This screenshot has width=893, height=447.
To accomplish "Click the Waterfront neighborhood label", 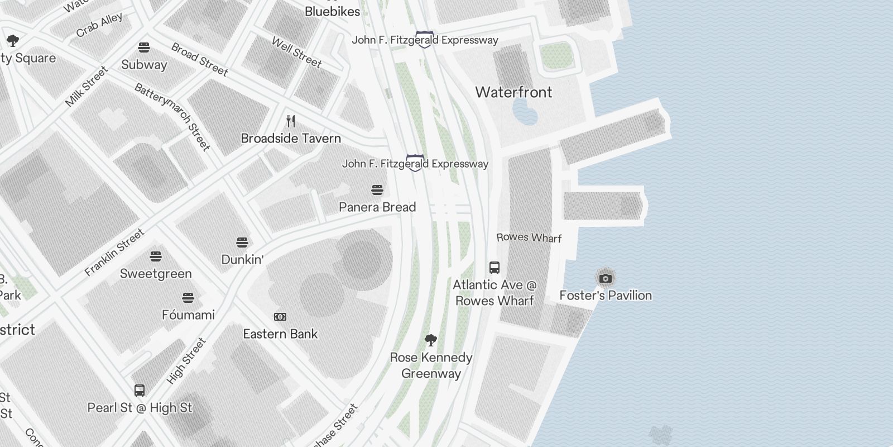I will click(513, 92).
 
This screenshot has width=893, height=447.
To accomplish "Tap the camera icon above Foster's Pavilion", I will click(606, 278).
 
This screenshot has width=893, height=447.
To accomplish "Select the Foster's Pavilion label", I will click(606, 295).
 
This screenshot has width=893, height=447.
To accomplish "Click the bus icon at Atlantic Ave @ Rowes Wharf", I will click(494, 267).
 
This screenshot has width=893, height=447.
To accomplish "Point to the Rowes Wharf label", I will click(529, 237).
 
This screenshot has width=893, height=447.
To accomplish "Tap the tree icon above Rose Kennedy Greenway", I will click(430, 340).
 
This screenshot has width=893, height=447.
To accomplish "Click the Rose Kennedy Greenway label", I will click(431, 365).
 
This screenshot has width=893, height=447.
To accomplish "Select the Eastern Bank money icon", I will click(280, 317).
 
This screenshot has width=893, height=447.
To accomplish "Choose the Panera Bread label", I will click(377, 207).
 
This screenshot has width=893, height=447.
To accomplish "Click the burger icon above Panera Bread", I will click(377, 190).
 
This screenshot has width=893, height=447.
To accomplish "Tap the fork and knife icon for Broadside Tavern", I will click(290, 121).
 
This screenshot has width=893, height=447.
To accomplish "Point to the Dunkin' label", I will click(242, 259).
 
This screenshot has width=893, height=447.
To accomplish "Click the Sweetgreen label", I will click(156, 273).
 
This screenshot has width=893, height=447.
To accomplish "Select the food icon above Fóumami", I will click(188, 297).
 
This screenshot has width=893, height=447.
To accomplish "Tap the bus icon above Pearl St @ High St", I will click(140, 390).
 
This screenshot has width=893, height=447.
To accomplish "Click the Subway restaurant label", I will click(144, 64).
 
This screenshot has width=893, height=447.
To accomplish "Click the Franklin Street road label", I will click(115, 252).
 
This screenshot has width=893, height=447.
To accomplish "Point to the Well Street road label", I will click(296, 52).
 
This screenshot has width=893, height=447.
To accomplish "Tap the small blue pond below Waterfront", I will click(525, 112).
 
